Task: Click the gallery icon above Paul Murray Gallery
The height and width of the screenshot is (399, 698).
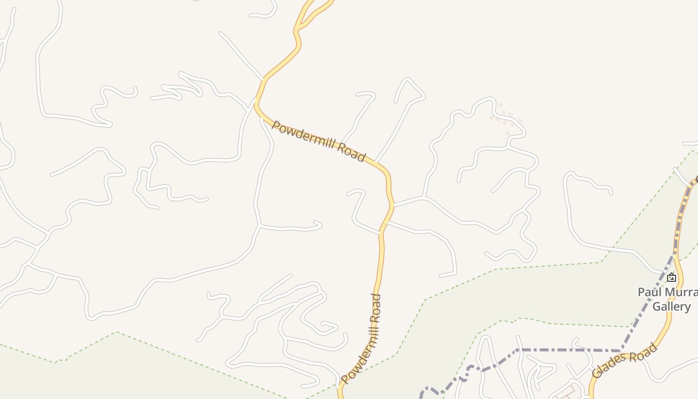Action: click(672, 277)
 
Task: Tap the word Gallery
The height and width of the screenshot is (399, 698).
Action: click(672, 306)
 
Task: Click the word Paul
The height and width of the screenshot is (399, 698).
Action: click(648, 292)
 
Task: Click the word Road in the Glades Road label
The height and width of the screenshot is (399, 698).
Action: click(644, 351)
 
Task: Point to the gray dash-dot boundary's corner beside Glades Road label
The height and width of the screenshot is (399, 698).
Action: click(621, 350)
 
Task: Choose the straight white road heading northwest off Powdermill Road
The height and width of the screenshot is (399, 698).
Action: click(241, 55)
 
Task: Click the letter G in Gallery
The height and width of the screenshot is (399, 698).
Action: click(656, 306)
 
